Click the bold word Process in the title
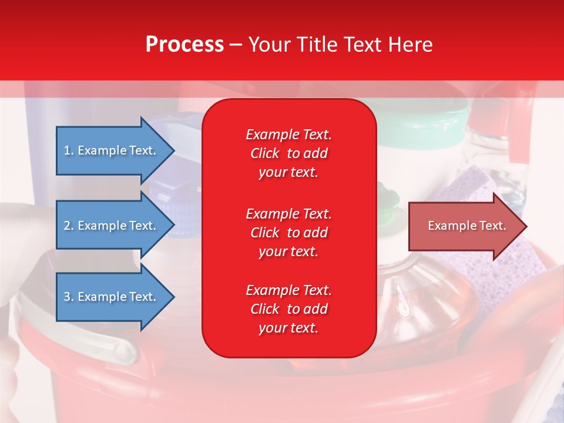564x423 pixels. tap(184, 45)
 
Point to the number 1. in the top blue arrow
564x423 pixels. tap(69, 150)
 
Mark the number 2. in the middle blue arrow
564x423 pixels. tap(69, 226)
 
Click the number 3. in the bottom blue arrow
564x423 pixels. tap(69, 297)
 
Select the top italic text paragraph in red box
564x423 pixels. tap(288, 153)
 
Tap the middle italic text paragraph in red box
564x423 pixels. tap(288, 233)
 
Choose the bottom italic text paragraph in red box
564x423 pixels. tap(288, 309)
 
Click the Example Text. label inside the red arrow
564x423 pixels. tap(467, 226)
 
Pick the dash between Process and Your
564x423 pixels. tap(236, 45)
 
